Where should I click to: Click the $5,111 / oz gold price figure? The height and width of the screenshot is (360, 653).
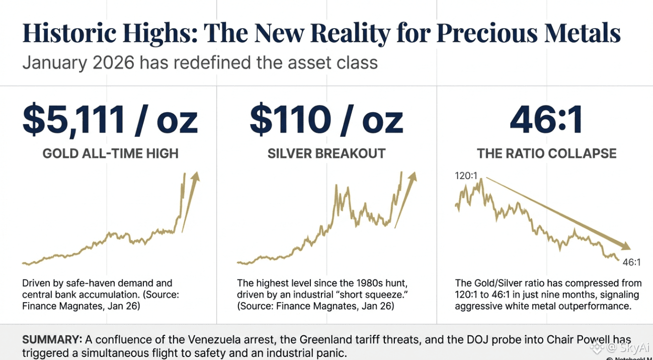[x=110, y=120]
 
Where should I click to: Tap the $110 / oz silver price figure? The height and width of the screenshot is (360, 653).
[x=326, y=120]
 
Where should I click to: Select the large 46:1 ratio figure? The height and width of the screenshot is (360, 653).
[x=546, y=120]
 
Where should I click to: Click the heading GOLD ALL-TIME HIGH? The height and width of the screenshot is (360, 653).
[x=110, y=153]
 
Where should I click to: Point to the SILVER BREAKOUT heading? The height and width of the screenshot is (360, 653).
[x=326, y=153]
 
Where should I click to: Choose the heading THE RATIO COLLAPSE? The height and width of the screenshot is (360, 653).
[x=546, y=153]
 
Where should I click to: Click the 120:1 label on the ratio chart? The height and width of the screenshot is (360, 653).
[x=467, y=176]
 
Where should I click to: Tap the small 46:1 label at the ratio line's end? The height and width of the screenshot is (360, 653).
[x=631, y=262]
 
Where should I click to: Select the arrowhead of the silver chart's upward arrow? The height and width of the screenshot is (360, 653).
[x=413, y=176]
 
